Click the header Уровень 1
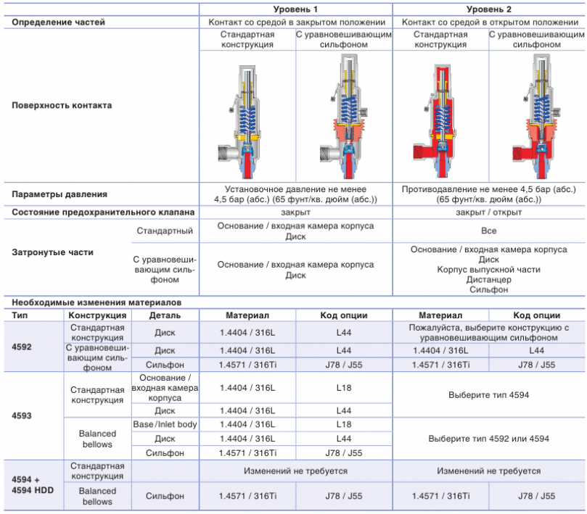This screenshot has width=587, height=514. pyautogui.click(x=295, y=9)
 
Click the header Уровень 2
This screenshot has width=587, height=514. pyautogui.click(x=488, y=9)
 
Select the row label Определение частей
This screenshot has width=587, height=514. pyautogui.click(x=58, y=22)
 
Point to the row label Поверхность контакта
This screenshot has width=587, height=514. pyautogui.click(x=62, y=105)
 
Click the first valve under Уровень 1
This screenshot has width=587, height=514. pyautogui.click(x=239, y=122)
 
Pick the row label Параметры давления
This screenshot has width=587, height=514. pyautogui.click(x=59, y=194)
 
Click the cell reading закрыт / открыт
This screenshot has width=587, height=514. pyautogui.click(x=488, y=212)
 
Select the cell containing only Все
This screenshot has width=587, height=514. pyautogui.click(x=488, y=231)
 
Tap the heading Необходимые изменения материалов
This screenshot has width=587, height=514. pyautogui.click(x=97, y=302)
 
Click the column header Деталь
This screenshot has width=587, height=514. pyautogui.click(x=165, y=315)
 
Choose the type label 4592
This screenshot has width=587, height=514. pyautogui.click(x=22, y=347)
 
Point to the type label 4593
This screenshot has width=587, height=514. pyautogui.click(x=22, y=415)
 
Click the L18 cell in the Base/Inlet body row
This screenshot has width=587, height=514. pyautogui.click(x=344, y=424)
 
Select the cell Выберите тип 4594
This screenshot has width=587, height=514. pyautogui.click(x=488, y=395)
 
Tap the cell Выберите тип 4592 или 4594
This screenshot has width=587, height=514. pyautogui.click(x=488, y=439)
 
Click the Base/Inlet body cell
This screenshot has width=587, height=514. pyautogui.click(x=165, y=424)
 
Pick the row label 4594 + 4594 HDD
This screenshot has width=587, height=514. pyautogui.click(x=33, y=485)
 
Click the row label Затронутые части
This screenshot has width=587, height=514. pyautogui.click(x=52, y=252)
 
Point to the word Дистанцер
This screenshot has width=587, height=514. pyautogui.click(x=488, y=279)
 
